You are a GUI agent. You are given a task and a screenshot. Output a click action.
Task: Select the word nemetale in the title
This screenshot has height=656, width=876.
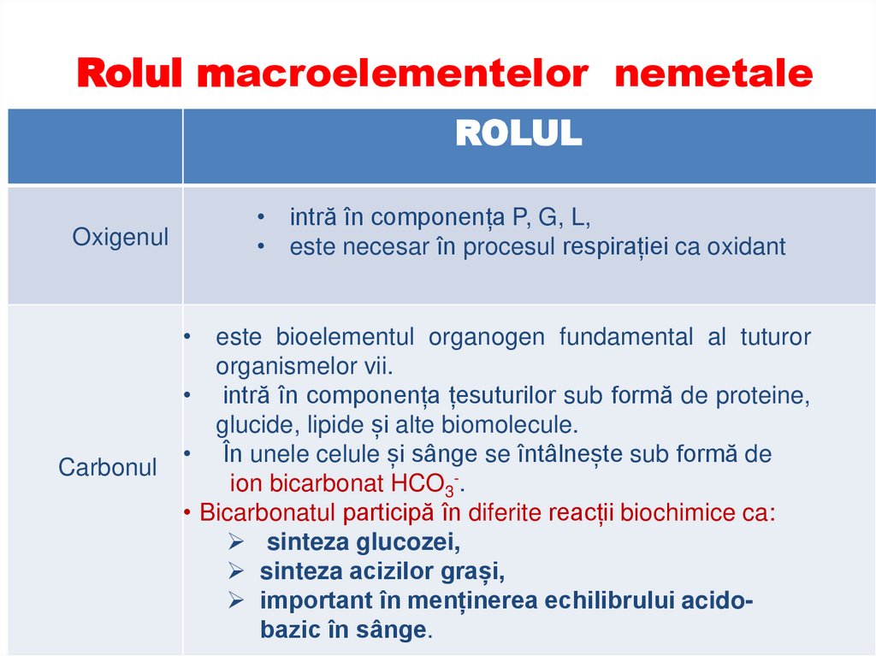[713, 75]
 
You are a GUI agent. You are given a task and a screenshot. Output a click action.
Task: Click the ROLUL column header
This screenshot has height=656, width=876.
[518, 134]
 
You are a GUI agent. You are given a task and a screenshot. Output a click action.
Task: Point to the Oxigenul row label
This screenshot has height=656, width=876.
[121, 237]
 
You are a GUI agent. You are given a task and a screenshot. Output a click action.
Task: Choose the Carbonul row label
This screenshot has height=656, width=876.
[108, 467]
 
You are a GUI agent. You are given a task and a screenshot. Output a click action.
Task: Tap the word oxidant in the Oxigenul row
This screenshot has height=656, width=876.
[745, 247]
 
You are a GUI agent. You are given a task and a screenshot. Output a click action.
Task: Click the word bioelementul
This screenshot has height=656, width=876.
[344, 337]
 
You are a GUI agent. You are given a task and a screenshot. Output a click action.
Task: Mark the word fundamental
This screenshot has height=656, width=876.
[626, 337]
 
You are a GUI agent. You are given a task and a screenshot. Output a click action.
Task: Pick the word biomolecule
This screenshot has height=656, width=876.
[515, 425]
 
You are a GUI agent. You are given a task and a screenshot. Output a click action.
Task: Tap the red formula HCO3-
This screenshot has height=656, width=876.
[425, 484]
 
